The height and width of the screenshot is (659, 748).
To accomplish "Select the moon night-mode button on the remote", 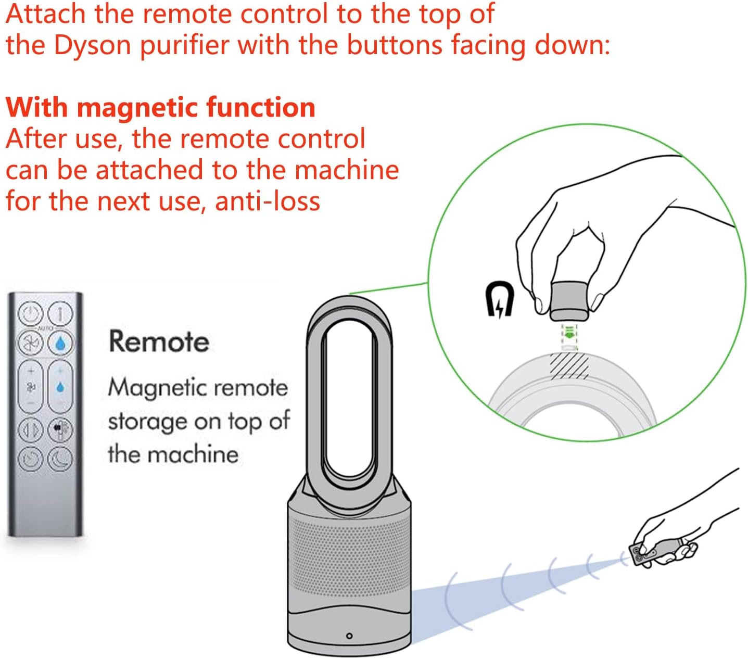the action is [x=60, y=459].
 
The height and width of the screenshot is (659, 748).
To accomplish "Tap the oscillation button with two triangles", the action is [x=31, y=430].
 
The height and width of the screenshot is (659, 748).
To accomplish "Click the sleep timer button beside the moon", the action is [x=31, y=459].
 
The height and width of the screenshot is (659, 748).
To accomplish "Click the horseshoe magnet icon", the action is [x=499, y=299].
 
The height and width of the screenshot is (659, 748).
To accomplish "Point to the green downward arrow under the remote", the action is [x=569, y=334].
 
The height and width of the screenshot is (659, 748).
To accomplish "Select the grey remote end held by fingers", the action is [x=569, y=301].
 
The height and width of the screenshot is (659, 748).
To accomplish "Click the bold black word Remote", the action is [x=159, y=341].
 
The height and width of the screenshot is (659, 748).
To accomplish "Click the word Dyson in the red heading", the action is [x=93, y=45].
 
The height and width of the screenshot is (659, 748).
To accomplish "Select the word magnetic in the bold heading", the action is [x=139, y=107].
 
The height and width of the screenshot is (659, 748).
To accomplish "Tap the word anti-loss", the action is [x=268, y=201].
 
